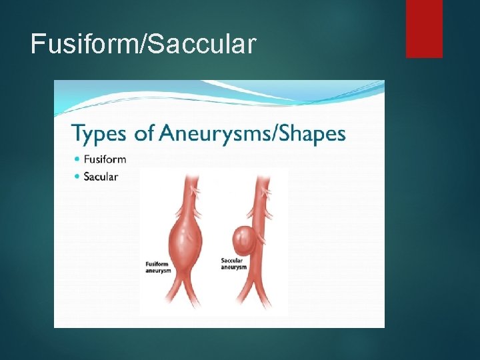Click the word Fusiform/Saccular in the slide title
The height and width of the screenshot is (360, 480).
click(x=143, y=44)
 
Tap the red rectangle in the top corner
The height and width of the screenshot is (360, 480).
click(x=424, y=28)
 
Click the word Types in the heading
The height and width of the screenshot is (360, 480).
click(x=100, y=135)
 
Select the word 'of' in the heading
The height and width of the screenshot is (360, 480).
click(x=144, y=133)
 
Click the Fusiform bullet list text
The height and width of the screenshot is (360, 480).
click(x=105, y=159)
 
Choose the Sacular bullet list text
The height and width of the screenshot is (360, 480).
click(x=101, y=177)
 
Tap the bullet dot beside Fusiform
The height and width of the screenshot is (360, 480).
click(x=77, y=159)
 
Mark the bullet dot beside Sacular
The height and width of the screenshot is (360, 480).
click(x=77, y=177)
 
